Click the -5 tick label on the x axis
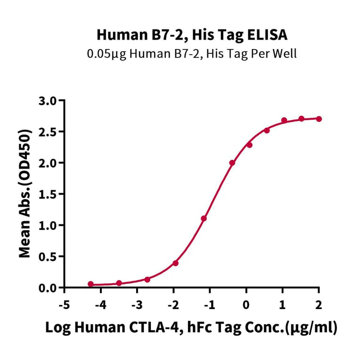pos(64,305)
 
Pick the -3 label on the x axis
pos(137,305)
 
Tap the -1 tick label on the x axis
pos(209,305)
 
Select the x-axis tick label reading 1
pos(283,305)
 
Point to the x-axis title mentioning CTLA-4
pos(191,328)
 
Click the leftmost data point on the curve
pos(91,284)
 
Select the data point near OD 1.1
pos(204,218)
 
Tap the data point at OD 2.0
pos(232,163)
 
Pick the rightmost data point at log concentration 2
pos(319,119)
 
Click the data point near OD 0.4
pos(175,263)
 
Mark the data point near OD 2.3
pos(249,145)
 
